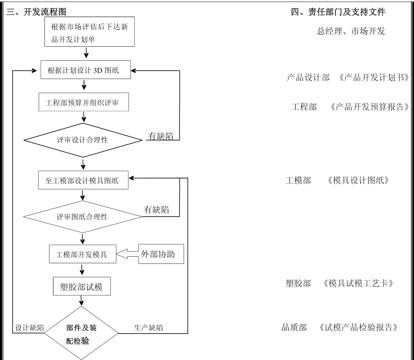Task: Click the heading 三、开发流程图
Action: (x=36, y=12)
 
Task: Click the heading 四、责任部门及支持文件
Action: (x=338, y=12)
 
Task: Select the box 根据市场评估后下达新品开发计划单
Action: (x=89, y=32)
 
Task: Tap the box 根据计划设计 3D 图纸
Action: (x=86, y=70)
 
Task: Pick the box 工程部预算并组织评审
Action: (x=84, y=102)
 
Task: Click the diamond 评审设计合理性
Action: (x=83, y=140)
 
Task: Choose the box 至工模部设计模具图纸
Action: (x=83, y=180)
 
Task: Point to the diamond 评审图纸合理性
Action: (x=83, y=217)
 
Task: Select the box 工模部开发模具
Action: (x=83, y=254)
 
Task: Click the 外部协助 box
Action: (x=161, y=254)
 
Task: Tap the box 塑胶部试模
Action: (x=82, y=286)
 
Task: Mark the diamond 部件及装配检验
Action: (x=81, y=334)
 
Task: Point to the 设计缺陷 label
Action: (x=30, y=328)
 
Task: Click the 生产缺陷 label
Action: (x=149, y=328)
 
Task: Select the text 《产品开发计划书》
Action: (x=374, y=78)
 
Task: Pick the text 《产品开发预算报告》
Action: (x=369, y=107)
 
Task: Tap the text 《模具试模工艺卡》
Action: (x=358, y=283)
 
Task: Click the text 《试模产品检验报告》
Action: (x=358, y=327)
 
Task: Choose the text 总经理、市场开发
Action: (x=351, y=31)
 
